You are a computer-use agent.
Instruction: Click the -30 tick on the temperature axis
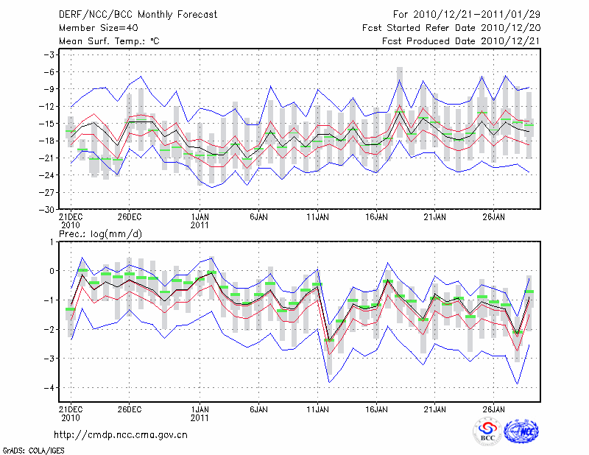coord(49,209)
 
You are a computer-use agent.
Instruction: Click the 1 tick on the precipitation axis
coord(53,241)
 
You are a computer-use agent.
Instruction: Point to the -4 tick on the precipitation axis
coord(51,387)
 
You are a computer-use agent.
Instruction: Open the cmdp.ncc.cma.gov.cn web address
coord(121,434)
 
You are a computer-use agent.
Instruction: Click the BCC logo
coord(487,431)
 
